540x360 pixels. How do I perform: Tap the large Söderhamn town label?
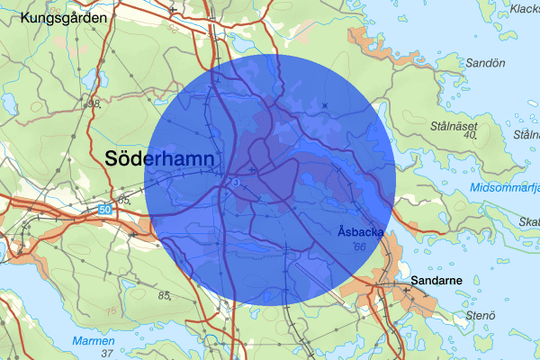tap(160, 158)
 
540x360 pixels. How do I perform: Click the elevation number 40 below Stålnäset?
tap(468, 137)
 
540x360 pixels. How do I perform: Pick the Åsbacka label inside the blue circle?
tap(361, 232)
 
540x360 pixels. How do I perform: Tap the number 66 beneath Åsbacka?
tap(360, 247)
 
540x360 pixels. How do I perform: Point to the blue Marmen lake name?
tap(94, 341)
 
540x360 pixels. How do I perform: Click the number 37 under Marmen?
tap(107, 354)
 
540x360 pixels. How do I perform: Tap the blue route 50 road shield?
tap(105, 210)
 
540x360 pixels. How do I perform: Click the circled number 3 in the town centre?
tap(234, 183)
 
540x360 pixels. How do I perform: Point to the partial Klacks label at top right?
tap(524, 9)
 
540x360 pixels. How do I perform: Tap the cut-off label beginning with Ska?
tap(528, 222)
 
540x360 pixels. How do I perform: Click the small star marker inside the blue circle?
tap(325, 106)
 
